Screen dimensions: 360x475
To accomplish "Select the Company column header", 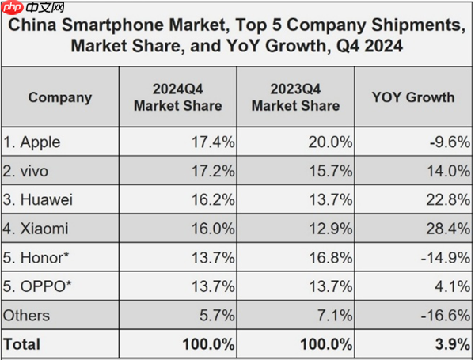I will coord(59,98).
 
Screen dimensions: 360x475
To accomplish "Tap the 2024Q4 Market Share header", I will coord(177,98).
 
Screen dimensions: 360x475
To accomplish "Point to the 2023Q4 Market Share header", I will coord(296,98).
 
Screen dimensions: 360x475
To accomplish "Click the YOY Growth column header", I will coord(412,98).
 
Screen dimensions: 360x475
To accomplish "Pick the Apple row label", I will coord(32,143).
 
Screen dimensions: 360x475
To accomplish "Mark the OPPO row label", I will coord(35,286).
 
